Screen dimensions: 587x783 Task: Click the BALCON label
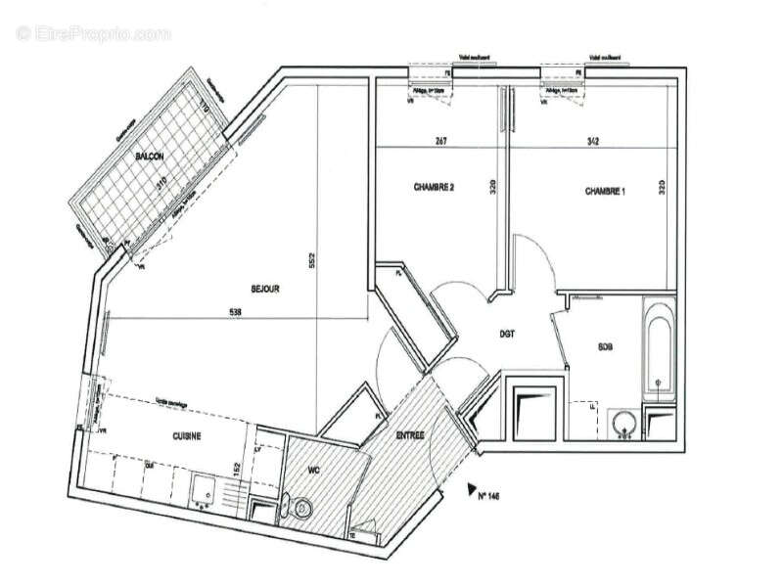[150, 158]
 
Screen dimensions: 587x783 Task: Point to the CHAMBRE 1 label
[605, 190]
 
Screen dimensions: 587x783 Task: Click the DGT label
[507, 334]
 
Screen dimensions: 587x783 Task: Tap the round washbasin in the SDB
[623, 423]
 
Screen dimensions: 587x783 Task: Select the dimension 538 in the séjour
[234, 313]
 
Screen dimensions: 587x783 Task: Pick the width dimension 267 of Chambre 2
[440, 142]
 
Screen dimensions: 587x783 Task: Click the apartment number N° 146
[489, 497]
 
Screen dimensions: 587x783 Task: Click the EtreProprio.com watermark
[94, 34]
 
